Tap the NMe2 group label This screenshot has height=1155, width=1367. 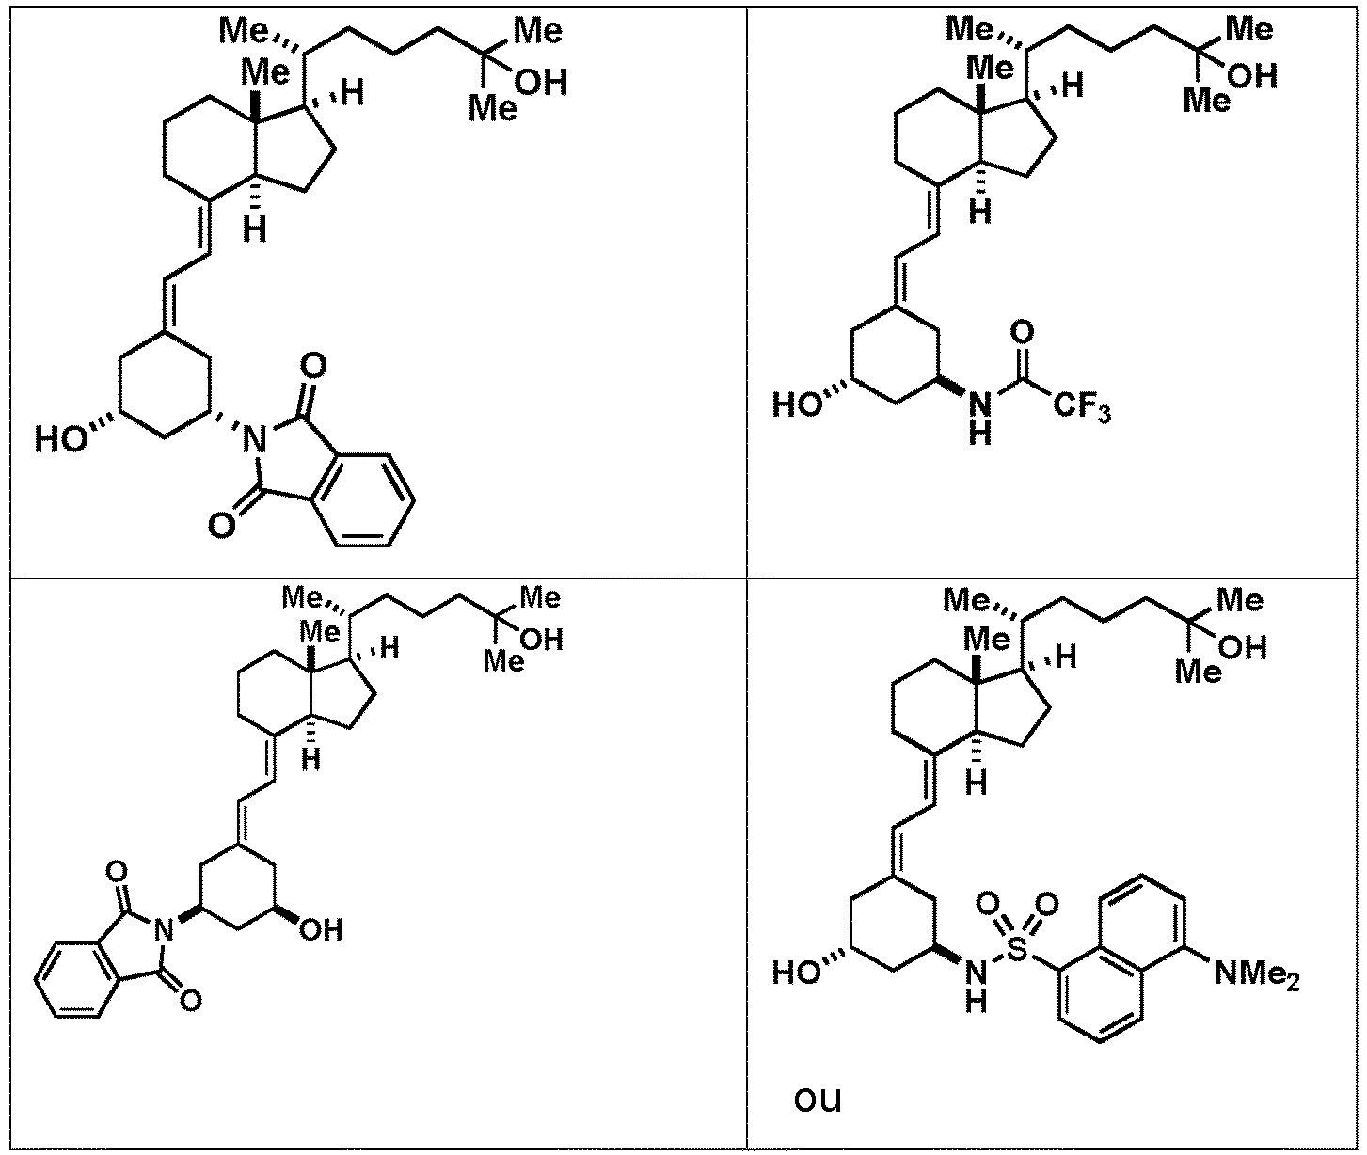click(1257, 974)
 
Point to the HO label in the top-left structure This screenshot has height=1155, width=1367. click(61, 439)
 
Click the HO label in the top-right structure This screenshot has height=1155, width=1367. click(798, 404)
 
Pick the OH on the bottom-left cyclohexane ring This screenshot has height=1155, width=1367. click(320, 930)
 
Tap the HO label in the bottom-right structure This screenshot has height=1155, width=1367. click(799, 973)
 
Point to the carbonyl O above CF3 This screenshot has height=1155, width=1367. click(1023, 333)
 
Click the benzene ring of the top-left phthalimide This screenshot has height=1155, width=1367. click(364, 499)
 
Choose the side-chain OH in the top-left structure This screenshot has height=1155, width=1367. click(542, 85)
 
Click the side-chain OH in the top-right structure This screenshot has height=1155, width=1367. click(1252, 77)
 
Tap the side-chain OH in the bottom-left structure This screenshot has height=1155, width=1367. click(542, 640)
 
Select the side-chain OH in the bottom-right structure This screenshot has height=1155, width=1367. click(1243, 648)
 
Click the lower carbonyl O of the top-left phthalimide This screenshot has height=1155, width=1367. click(221, 527)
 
